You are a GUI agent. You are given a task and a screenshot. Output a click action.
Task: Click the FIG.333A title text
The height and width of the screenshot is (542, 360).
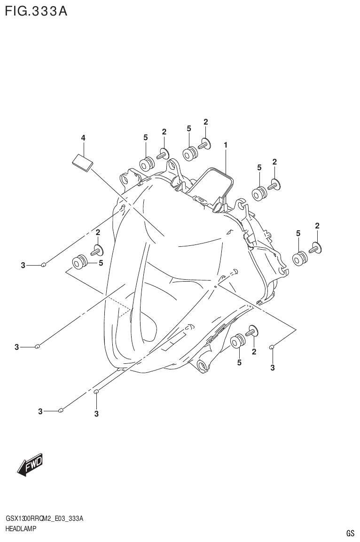[36, 11]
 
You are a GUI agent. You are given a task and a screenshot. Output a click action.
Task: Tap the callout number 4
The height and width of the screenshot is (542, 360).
[83, 138]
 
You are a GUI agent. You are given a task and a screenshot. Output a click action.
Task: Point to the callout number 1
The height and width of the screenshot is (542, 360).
[226, 146]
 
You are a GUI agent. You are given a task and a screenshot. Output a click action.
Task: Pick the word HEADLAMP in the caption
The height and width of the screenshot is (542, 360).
[21, 529]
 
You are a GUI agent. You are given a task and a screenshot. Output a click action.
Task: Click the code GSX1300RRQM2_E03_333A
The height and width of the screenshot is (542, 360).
[45, 519]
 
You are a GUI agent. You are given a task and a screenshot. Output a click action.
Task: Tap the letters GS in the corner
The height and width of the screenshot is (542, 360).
[350, 534]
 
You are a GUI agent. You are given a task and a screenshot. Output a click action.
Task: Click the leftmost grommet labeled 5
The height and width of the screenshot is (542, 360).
[79, 261]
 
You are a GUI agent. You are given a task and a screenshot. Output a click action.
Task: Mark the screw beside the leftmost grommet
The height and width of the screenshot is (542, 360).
[97, 250]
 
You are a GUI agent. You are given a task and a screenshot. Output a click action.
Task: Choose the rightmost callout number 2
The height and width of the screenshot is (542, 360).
[317, 226]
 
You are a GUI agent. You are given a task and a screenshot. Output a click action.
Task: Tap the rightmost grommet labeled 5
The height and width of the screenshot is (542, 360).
[299, 258]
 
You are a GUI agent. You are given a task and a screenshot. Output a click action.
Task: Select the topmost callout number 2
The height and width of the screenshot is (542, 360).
[206, 122]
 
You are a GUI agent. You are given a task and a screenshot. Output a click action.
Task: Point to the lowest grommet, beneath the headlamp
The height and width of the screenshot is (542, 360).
[238, 341]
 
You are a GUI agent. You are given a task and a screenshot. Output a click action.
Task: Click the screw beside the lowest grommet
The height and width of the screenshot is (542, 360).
[251, 331]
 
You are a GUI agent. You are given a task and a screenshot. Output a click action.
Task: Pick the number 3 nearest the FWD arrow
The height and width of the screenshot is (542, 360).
[41, 412]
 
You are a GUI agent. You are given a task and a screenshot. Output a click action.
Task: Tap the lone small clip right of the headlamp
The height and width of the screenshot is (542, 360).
[272, 347]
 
